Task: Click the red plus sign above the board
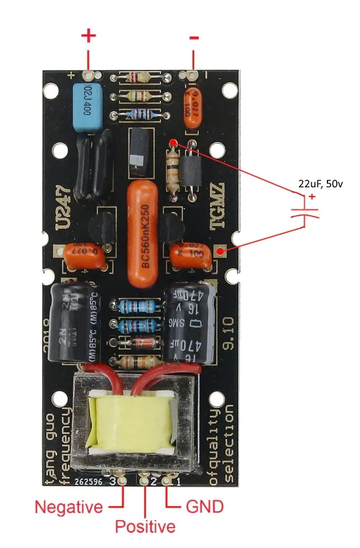click(x=88, y=36)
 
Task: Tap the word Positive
click(x=145, y=527)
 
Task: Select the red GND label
click(x=204, y=507)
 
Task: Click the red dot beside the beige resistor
click(x=173, y=143)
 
